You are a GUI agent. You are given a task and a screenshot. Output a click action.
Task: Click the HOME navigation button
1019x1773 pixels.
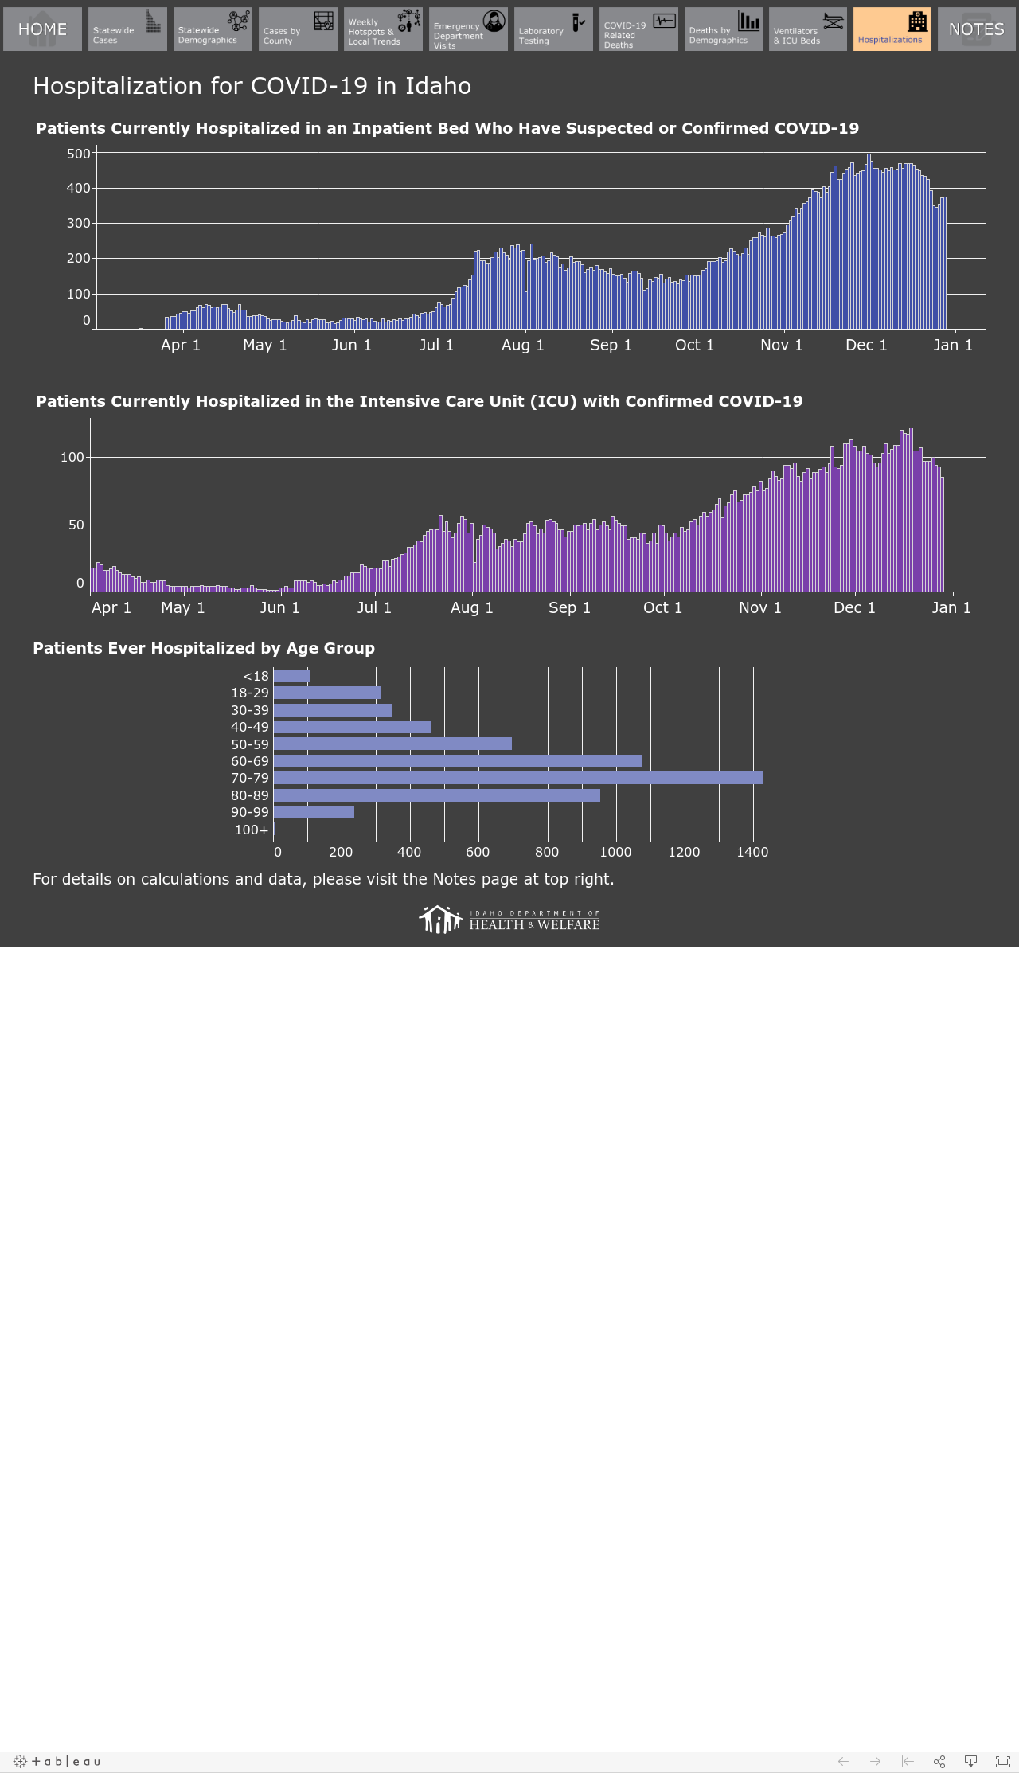(42, 29)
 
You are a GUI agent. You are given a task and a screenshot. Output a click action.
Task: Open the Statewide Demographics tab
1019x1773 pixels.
(213, 29)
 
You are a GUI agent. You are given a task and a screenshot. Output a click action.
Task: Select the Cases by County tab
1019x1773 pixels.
(298, 29)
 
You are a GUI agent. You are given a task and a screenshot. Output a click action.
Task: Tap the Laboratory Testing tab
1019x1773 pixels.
(553, 29)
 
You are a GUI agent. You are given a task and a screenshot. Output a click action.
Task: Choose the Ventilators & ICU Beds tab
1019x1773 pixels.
(808, 29)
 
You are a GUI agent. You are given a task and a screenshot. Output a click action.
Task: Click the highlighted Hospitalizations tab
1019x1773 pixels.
(892, 29)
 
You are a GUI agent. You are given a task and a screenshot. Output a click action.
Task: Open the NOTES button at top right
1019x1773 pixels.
(977, 29)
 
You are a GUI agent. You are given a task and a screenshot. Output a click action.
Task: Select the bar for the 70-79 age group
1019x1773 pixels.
(517, 778)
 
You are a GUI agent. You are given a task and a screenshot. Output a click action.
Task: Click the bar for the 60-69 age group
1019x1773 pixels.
(458, 761)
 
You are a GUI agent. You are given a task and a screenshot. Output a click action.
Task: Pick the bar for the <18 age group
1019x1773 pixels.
(292, 676)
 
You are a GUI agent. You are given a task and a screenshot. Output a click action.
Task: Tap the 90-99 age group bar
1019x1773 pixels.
(314, 812)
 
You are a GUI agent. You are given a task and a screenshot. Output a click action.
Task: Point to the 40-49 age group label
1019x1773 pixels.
(250, 727)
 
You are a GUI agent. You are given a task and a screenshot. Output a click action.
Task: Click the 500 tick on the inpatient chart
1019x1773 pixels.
(79, 154)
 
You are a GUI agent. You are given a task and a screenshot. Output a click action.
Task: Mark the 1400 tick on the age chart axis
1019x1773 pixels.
(752, 853)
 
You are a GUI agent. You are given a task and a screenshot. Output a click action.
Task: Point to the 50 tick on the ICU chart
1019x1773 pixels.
(76, 525)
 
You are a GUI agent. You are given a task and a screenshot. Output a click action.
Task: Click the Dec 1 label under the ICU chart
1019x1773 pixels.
(854, 608)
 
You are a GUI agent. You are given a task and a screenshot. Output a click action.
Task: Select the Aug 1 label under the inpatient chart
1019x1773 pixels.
(523, 346)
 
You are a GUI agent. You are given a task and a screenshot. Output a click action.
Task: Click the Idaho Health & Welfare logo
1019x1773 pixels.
(509, 920)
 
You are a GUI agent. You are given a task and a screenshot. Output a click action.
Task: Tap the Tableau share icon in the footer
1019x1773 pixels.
(939, 1761)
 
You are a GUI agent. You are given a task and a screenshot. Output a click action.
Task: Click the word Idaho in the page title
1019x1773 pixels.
(439, 86)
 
